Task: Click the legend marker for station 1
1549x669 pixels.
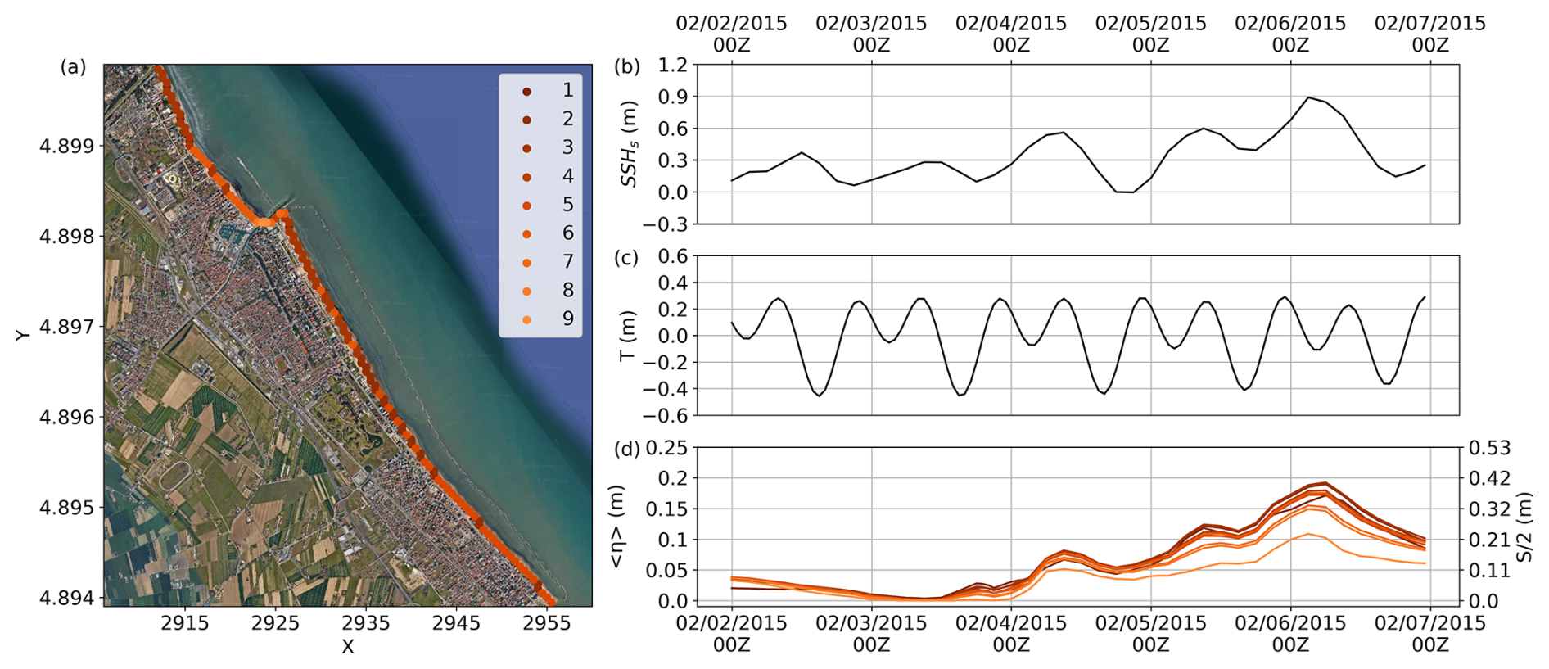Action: (527, 91)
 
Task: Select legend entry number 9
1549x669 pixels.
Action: (567, 319)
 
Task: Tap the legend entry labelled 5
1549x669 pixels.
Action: (567, 205)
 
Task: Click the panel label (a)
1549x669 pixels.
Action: (73, 67)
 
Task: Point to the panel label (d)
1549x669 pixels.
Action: (627, 449)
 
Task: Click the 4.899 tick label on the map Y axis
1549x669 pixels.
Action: (67, 147)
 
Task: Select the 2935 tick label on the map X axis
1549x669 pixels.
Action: (366, 623)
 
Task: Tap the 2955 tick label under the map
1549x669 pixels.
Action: (547, 623)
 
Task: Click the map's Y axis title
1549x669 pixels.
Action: (23, 334)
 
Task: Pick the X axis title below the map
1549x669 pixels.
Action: (348, 647)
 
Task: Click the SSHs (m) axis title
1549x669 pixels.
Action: (629, 151)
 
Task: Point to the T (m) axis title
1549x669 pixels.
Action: (628, 336)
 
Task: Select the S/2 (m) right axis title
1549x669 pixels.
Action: (1524, 527)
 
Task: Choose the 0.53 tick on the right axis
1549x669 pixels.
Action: (1490, 448)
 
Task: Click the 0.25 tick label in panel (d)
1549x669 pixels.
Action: (667, 448)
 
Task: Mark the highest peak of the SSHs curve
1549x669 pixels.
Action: (1308, 97)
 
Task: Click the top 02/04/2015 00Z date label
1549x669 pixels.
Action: (1011, 34)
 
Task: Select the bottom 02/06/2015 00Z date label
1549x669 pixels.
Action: (1290, 634)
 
